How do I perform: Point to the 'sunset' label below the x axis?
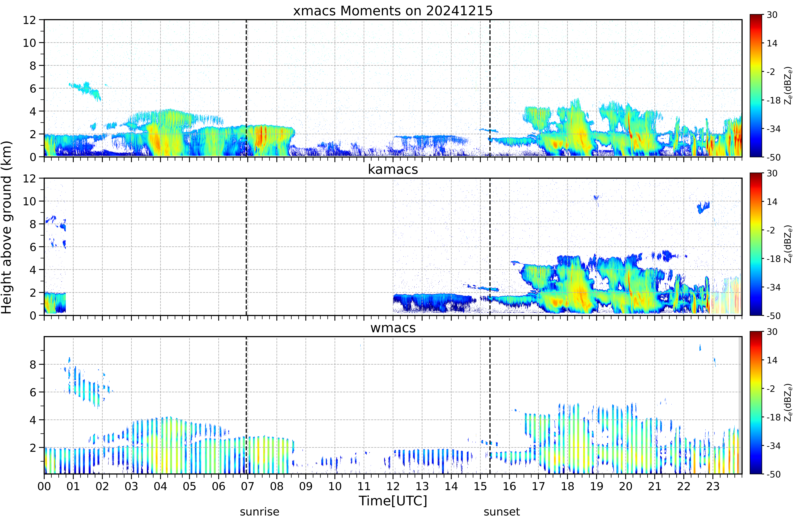(x=502, y=512)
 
